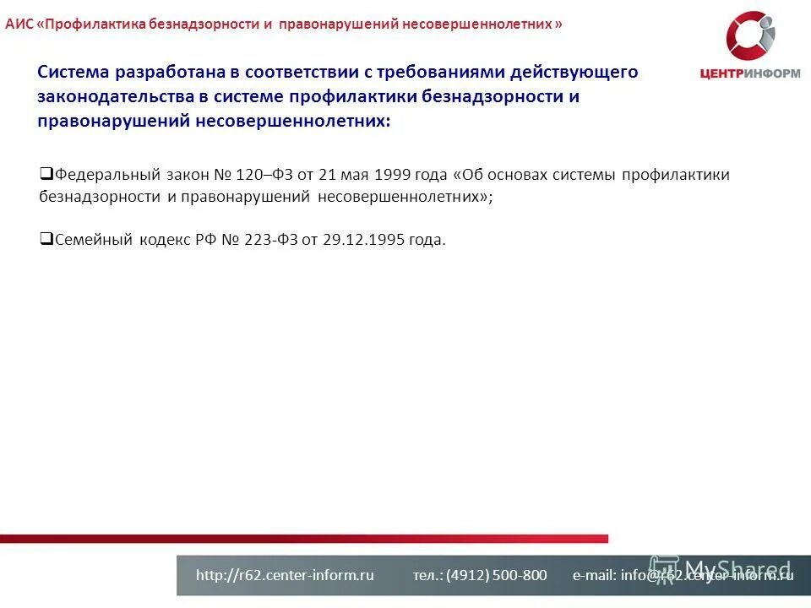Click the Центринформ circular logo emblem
(750, 37)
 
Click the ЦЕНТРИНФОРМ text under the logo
(750, 73)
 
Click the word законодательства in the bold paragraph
(116, 96)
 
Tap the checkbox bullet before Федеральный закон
(46, 174)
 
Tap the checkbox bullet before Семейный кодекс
(46, 238)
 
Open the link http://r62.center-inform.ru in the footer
(285, 575)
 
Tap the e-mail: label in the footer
(595, 575)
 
